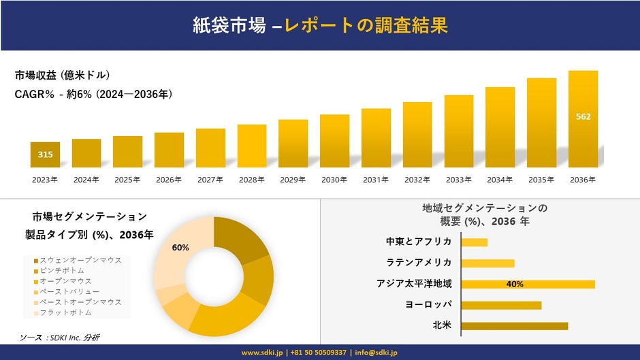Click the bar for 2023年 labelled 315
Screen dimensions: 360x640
tap(45, 154)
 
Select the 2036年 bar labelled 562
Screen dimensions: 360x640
tap(583, 119)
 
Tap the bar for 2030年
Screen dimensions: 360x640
tap(334, 141)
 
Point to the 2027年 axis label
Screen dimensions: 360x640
tap(210, 180)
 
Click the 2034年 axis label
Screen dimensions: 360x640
tap(500, 180)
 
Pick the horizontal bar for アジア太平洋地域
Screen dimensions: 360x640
tap(528, 284)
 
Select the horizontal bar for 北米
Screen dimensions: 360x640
tap(514, 326)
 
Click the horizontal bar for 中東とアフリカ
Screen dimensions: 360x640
tap(474, 242)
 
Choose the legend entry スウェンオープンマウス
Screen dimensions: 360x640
tap(80, 260)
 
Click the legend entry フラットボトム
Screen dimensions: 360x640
tap(65, 312)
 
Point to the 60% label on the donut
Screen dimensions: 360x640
tap(180, 248)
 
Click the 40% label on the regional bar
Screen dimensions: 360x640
tap(515, 284)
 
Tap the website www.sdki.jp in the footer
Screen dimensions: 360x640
tap(263, 353)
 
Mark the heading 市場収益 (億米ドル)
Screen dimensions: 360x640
tap(62, 75)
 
